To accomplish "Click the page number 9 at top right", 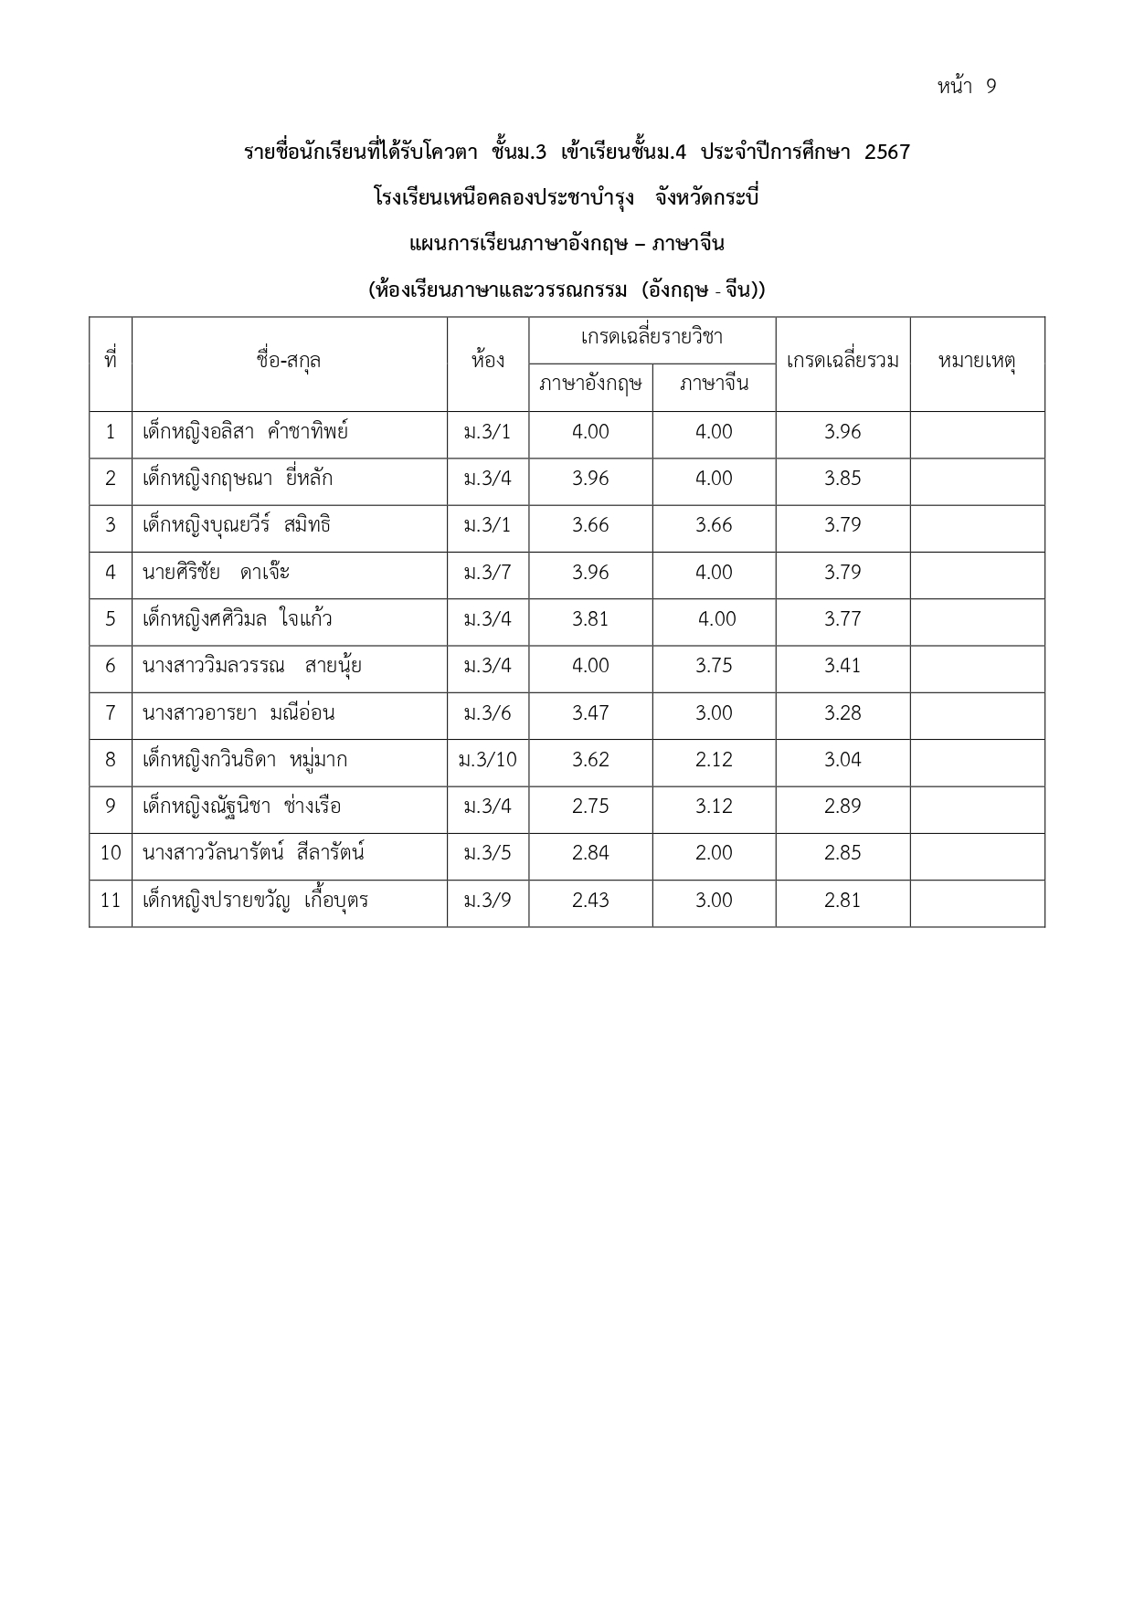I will pos(991,87).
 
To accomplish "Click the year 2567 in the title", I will pos(886,153).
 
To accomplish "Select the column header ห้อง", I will pos(488,361).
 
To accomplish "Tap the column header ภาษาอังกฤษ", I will pos(590,384).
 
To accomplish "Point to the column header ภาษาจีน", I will pos(714,384).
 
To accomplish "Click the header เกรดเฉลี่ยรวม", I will pos(843,361).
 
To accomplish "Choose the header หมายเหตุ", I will pos(977,361).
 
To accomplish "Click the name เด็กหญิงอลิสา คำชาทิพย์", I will pos(245,432).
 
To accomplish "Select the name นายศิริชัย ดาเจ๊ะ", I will pos(216,573).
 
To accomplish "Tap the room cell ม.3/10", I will pos(488,760).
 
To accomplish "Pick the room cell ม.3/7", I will pos(488,573).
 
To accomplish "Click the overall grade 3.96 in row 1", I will pos(843,432).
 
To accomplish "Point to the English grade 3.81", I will pos(590,619).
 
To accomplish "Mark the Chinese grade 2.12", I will pos(714,760).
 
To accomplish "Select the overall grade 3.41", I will pos(843,666).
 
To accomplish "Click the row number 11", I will pos(111,901).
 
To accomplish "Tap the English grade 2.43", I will pos(590,901).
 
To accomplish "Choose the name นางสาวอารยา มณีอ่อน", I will pos(238,713).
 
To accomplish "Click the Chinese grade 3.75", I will pos(714,666).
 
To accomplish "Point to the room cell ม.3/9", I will pos(488,901).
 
